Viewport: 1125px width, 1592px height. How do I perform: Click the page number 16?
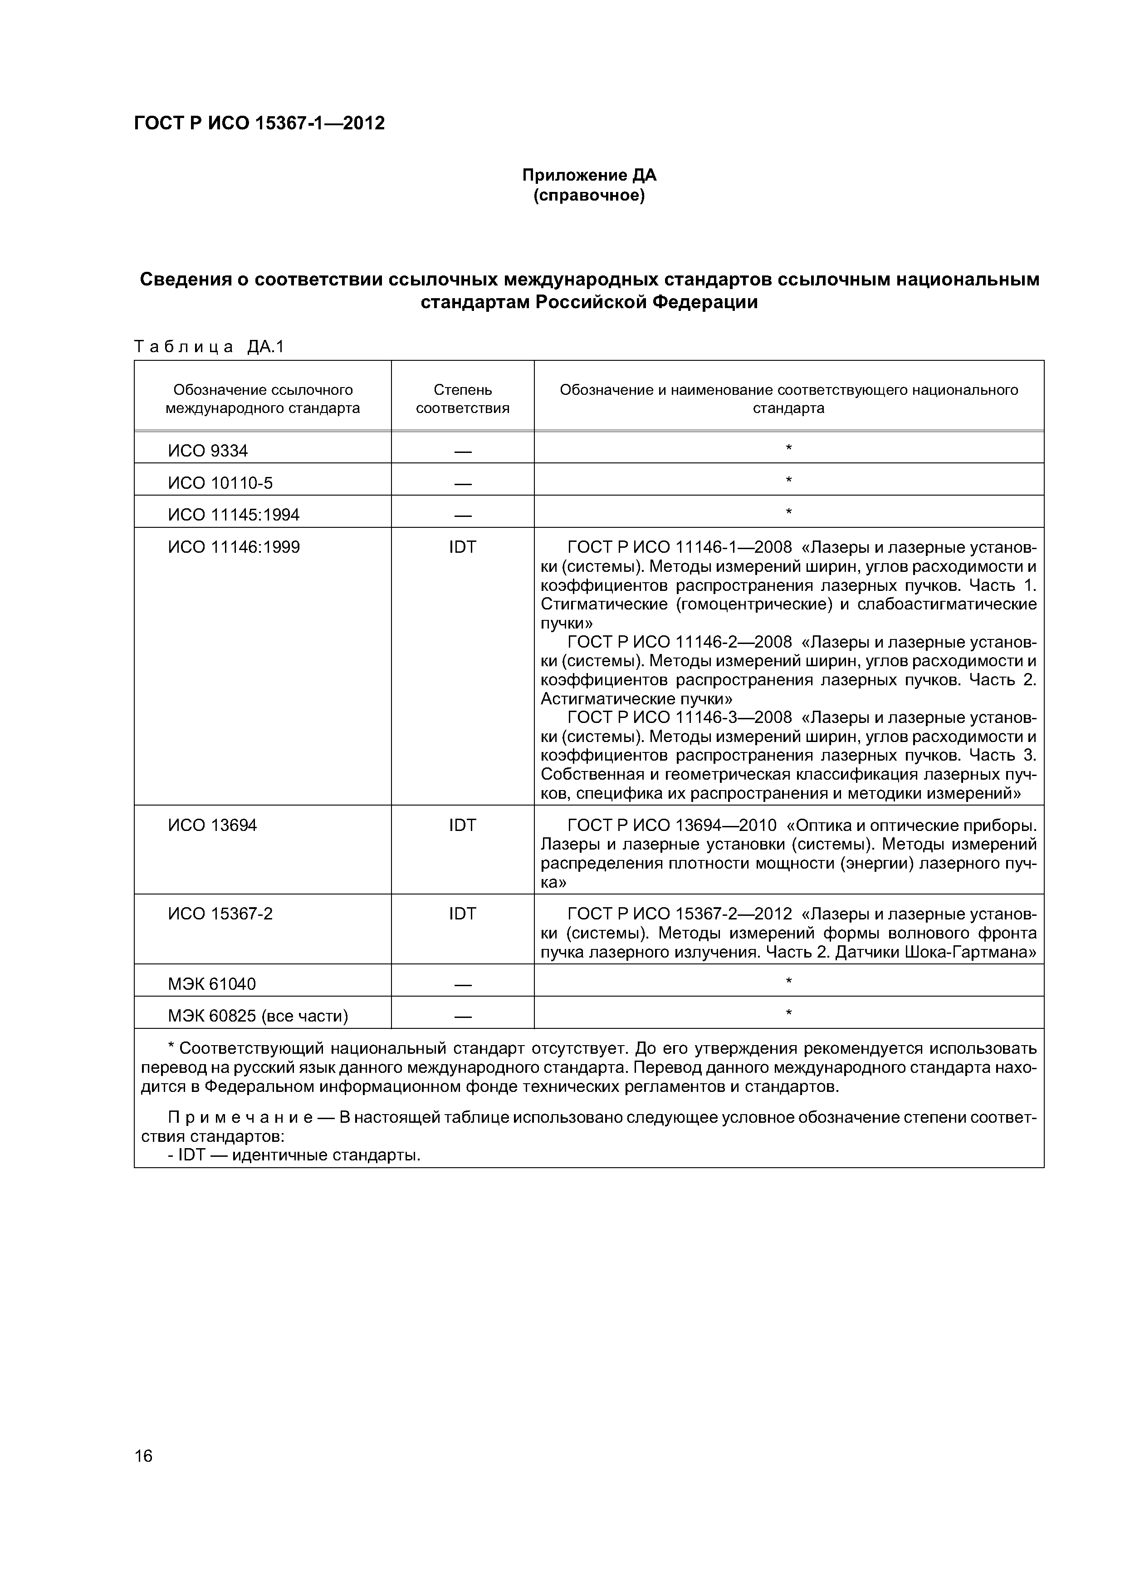(143, 1455)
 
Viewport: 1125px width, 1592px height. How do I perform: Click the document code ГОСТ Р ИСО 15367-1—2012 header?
(259, 123)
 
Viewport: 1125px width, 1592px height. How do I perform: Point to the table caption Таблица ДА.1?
(209, 347)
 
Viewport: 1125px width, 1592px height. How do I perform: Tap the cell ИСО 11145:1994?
(234, 515)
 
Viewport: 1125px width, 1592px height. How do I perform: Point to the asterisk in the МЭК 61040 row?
(788, 982)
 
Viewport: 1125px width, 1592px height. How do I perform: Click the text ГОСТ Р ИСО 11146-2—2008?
(679, 642)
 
